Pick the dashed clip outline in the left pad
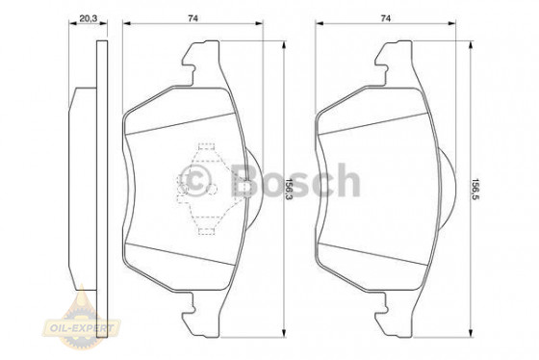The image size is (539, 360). coord(203,191)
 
